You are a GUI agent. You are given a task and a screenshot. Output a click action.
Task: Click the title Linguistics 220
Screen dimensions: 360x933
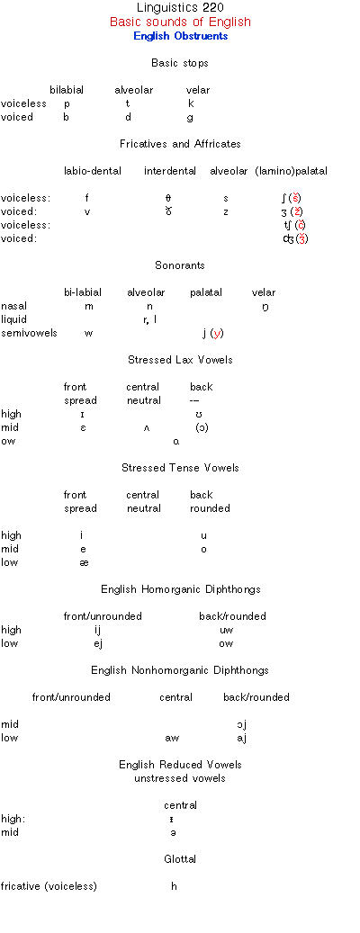pos(180,8)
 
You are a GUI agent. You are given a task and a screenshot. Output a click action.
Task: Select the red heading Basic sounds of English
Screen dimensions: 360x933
pos(180,22)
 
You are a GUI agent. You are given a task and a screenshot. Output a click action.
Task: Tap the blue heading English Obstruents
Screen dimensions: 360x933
pos(180,36)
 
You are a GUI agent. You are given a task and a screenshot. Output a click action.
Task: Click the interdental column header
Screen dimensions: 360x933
pos(170,171)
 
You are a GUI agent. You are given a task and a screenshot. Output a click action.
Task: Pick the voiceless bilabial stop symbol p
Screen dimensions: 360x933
pos(67,103)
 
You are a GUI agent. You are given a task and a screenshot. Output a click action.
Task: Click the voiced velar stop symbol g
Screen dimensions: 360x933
pos(190,117)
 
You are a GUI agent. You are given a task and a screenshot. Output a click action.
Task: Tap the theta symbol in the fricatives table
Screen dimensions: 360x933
pos(168,198)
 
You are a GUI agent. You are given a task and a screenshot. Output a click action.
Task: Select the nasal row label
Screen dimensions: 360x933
pos(13,306)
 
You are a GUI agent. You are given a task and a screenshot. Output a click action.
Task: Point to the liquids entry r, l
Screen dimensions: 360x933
pos(150,319)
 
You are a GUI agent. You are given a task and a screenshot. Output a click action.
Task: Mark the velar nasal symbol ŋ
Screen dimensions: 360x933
pos(265,307)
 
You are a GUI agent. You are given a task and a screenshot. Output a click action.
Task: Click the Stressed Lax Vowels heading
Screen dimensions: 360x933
pos(180,360)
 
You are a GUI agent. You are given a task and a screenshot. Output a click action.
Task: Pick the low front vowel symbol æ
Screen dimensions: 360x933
pos(84,563)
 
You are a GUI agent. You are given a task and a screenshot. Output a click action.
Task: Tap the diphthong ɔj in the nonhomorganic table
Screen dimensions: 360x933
pos(241,724)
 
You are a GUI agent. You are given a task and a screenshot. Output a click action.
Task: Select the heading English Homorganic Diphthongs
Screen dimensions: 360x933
pos(180,589)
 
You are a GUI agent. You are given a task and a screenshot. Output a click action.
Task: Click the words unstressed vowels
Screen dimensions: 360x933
pos(180,778)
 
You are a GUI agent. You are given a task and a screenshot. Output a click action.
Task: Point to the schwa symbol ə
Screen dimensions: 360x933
pos(173,832)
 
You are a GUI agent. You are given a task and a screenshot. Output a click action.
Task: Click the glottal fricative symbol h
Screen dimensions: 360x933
pos(174,886)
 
